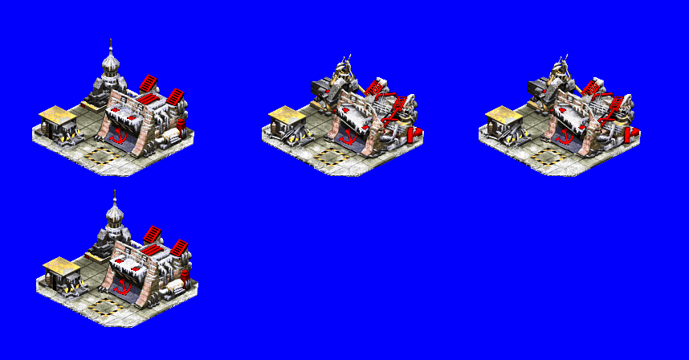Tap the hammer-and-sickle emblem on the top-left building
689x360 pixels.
pyautogui.click(x=119, y=133)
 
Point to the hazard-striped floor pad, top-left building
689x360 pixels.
pyautogui.click(x=100, y=154)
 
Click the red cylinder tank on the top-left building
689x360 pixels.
pyautogui.click(x=181, y=123)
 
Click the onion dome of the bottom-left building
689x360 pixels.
pyautogui.click(x=114, y=215)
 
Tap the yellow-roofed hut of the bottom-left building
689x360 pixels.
pyautogui.click(x=62, y=272)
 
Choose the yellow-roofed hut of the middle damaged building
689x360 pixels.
pyautogui.click(x=287, y=121)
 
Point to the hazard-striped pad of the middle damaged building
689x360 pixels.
pyautogui.click(x=330, y=156)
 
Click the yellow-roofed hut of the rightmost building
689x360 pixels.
pyautogui.click(x=504, y=121)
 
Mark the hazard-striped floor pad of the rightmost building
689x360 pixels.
pyautogui.click(x=547, y=156)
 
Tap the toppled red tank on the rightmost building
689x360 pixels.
pyautogui.click(x=631, y=133)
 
